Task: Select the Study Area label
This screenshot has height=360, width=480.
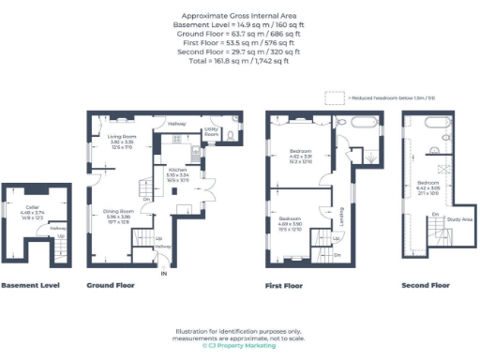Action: pyautogui.click(x=459, y=220)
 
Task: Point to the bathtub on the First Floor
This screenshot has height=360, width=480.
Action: pyautogui.click(x=362, y=123)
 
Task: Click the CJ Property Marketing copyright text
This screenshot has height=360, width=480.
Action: pyautogui.click(x=239, y=346)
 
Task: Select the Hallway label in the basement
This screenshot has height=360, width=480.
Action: pyautogui.click(x=57, y=228)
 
